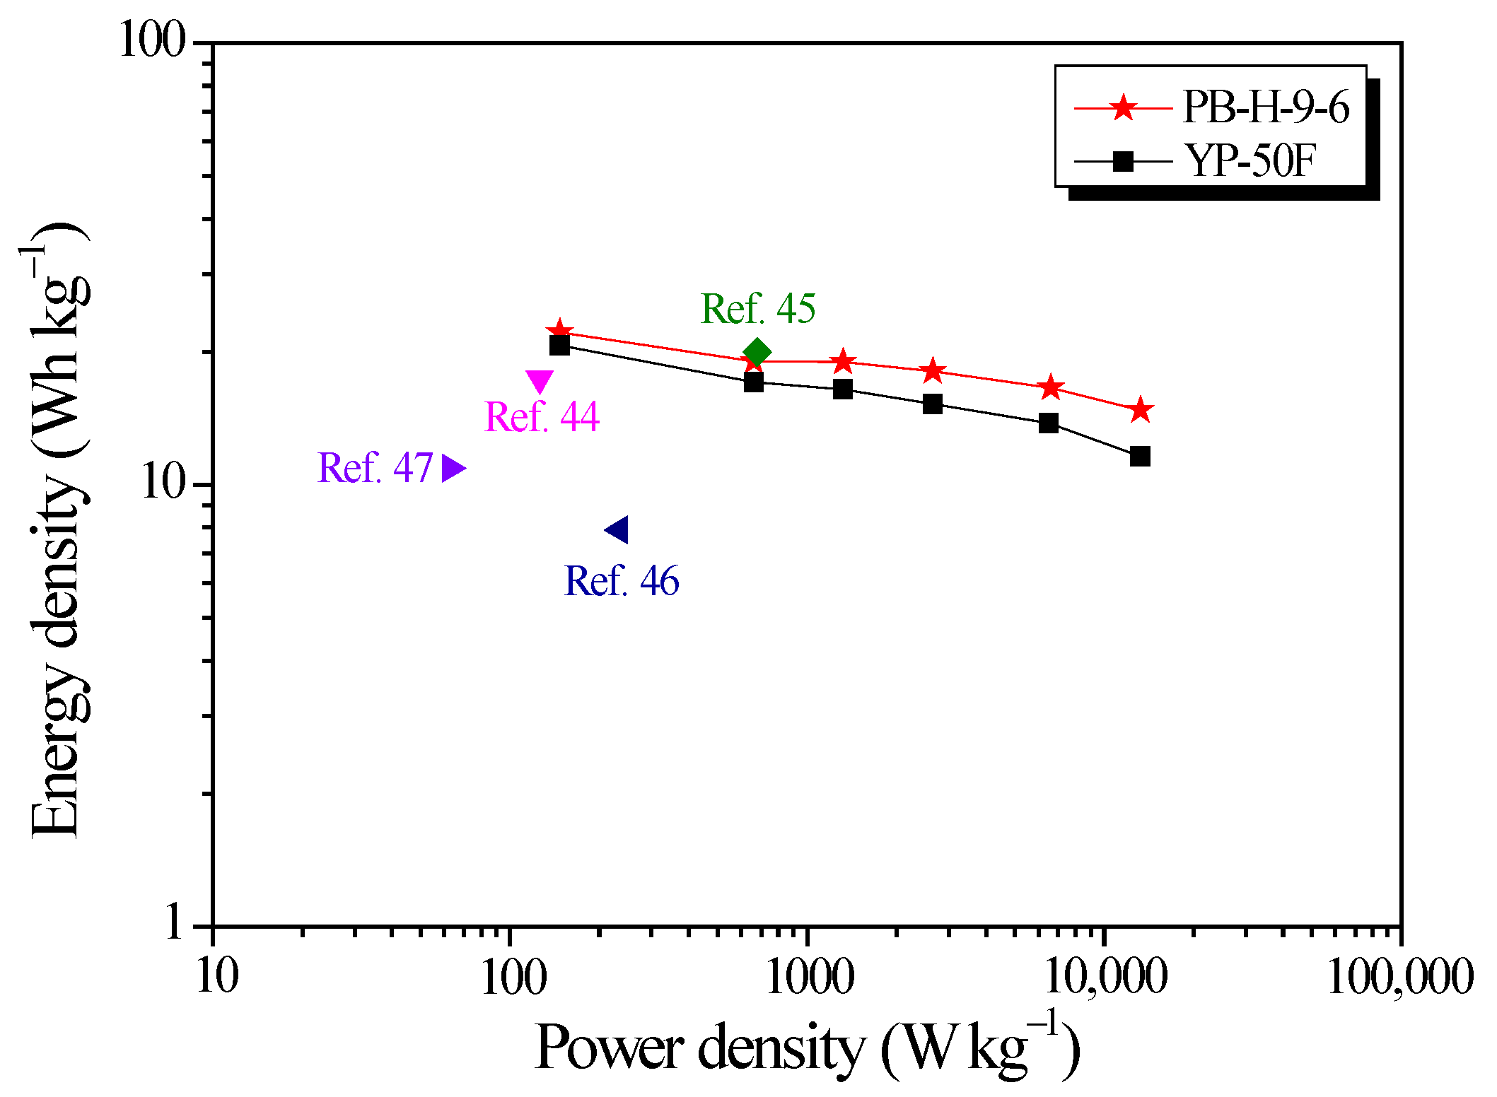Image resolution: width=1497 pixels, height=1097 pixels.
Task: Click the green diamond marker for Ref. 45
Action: (757, 352)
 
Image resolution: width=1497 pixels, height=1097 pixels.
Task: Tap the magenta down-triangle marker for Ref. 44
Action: (540, 380)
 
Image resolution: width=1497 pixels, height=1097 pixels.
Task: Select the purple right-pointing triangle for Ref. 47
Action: (453, 468)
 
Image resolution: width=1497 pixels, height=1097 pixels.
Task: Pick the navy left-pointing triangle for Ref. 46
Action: (617, 529)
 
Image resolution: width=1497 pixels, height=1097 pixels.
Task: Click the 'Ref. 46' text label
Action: (622, 581)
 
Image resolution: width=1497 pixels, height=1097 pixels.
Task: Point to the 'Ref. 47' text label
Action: (375, 468)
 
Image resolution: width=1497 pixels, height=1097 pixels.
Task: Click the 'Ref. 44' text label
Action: (542, 416)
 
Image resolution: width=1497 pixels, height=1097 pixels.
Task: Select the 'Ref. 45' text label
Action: (758, 309)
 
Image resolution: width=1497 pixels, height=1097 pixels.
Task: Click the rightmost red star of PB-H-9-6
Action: (1140, 410)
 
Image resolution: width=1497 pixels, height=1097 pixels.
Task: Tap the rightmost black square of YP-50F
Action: (1140, 456)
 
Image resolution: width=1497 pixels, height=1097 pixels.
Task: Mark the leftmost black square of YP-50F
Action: (559, 345)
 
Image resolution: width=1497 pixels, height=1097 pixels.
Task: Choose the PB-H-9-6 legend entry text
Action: (1265, 108)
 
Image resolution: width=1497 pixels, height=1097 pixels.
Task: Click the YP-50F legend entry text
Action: (1250, 161)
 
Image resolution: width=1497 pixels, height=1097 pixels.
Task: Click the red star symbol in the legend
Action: (1123, 108)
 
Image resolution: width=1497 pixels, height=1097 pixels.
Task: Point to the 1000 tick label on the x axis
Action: (809, 978)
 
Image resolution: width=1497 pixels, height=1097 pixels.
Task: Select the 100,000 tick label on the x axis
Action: (1399, 978)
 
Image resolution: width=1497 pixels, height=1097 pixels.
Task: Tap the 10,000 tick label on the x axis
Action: (1105, 978)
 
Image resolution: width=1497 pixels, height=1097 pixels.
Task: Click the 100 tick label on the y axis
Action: (151, 40)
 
